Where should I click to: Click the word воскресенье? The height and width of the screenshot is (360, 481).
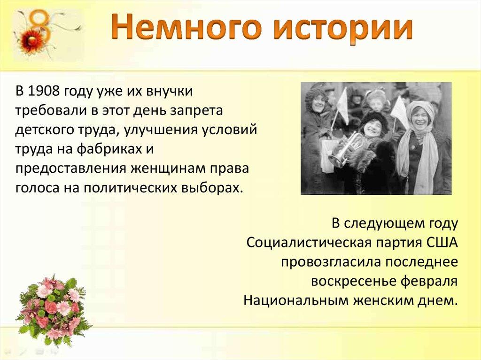353,282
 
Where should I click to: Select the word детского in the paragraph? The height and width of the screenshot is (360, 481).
40,130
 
